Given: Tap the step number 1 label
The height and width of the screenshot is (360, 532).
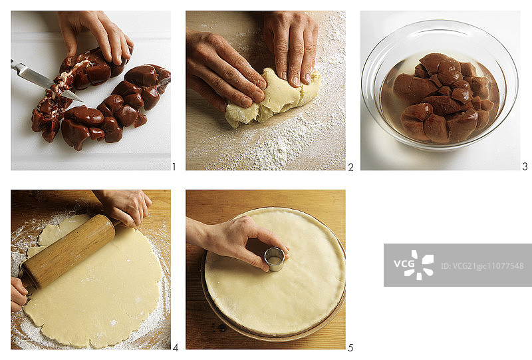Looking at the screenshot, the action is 174,167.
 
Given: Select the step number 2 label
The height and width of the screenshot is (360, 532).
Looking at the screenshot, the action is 350,167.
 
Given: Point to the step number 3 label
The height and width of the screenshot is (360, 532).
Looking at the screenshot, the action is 525,166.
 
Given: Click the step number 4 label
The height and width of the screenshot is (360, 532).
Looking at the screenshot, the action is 176,347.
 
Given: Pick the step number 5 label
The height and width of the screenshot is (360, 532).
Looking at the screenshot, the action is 350,347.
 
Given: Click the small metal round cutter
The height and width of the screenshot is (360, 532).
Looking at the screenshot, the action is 274,259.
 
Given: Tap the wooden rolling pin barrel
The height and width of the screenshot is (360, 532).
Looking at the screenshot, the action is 68,252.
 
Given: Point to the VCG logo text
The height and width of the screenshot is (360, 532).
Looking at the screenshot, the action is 404,264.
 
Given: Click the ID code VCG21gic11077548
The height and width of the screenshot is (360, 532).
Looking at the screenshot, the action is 481,266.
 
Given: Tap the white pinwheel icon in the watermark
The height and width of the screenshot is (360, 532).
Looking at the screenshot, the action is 422,265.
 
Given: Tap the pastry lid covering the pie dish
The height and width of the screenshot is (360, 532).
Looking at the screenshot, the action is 275,271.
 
